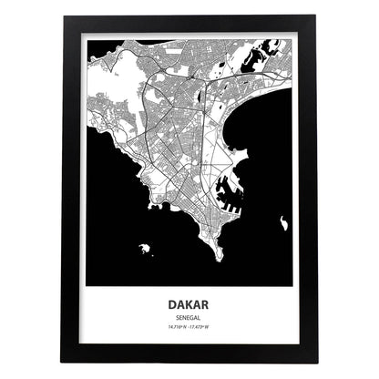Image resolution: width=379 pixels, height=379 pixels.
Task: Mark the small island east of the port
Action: [285, 221]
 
